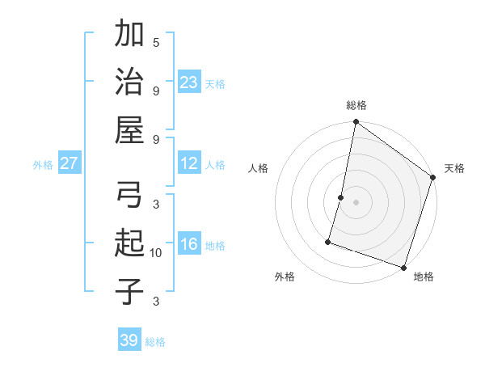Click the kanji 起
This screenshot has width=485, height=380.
[129, 243]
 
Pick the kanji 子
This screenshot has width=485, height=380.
[129, 291]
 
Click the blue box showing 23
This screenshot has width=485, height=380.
[189, 82]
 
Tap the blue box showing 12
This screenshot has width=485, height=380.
[189, 163]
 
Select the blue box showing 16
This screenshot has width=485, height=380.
[189, 245]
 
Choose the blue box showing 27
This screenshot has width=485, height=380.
[70, 163]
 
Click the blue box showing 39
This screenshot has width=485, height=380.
[129, 340]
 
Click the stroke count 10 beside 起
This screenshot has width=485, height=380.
[156, 253]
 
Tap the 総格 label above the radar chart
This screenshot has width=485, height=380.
[356, 105]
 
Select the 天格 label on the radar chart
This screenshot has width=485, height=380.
[454, 168]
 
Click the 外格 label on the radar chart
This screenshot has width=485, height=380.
[285, 277]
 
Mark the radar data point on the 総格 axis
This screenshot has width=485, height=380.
[356, 123]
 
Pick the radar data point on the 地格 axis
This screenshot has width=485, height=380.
[403, 267]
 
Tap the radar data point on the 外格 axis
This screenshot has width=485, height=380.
[329, 241]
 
